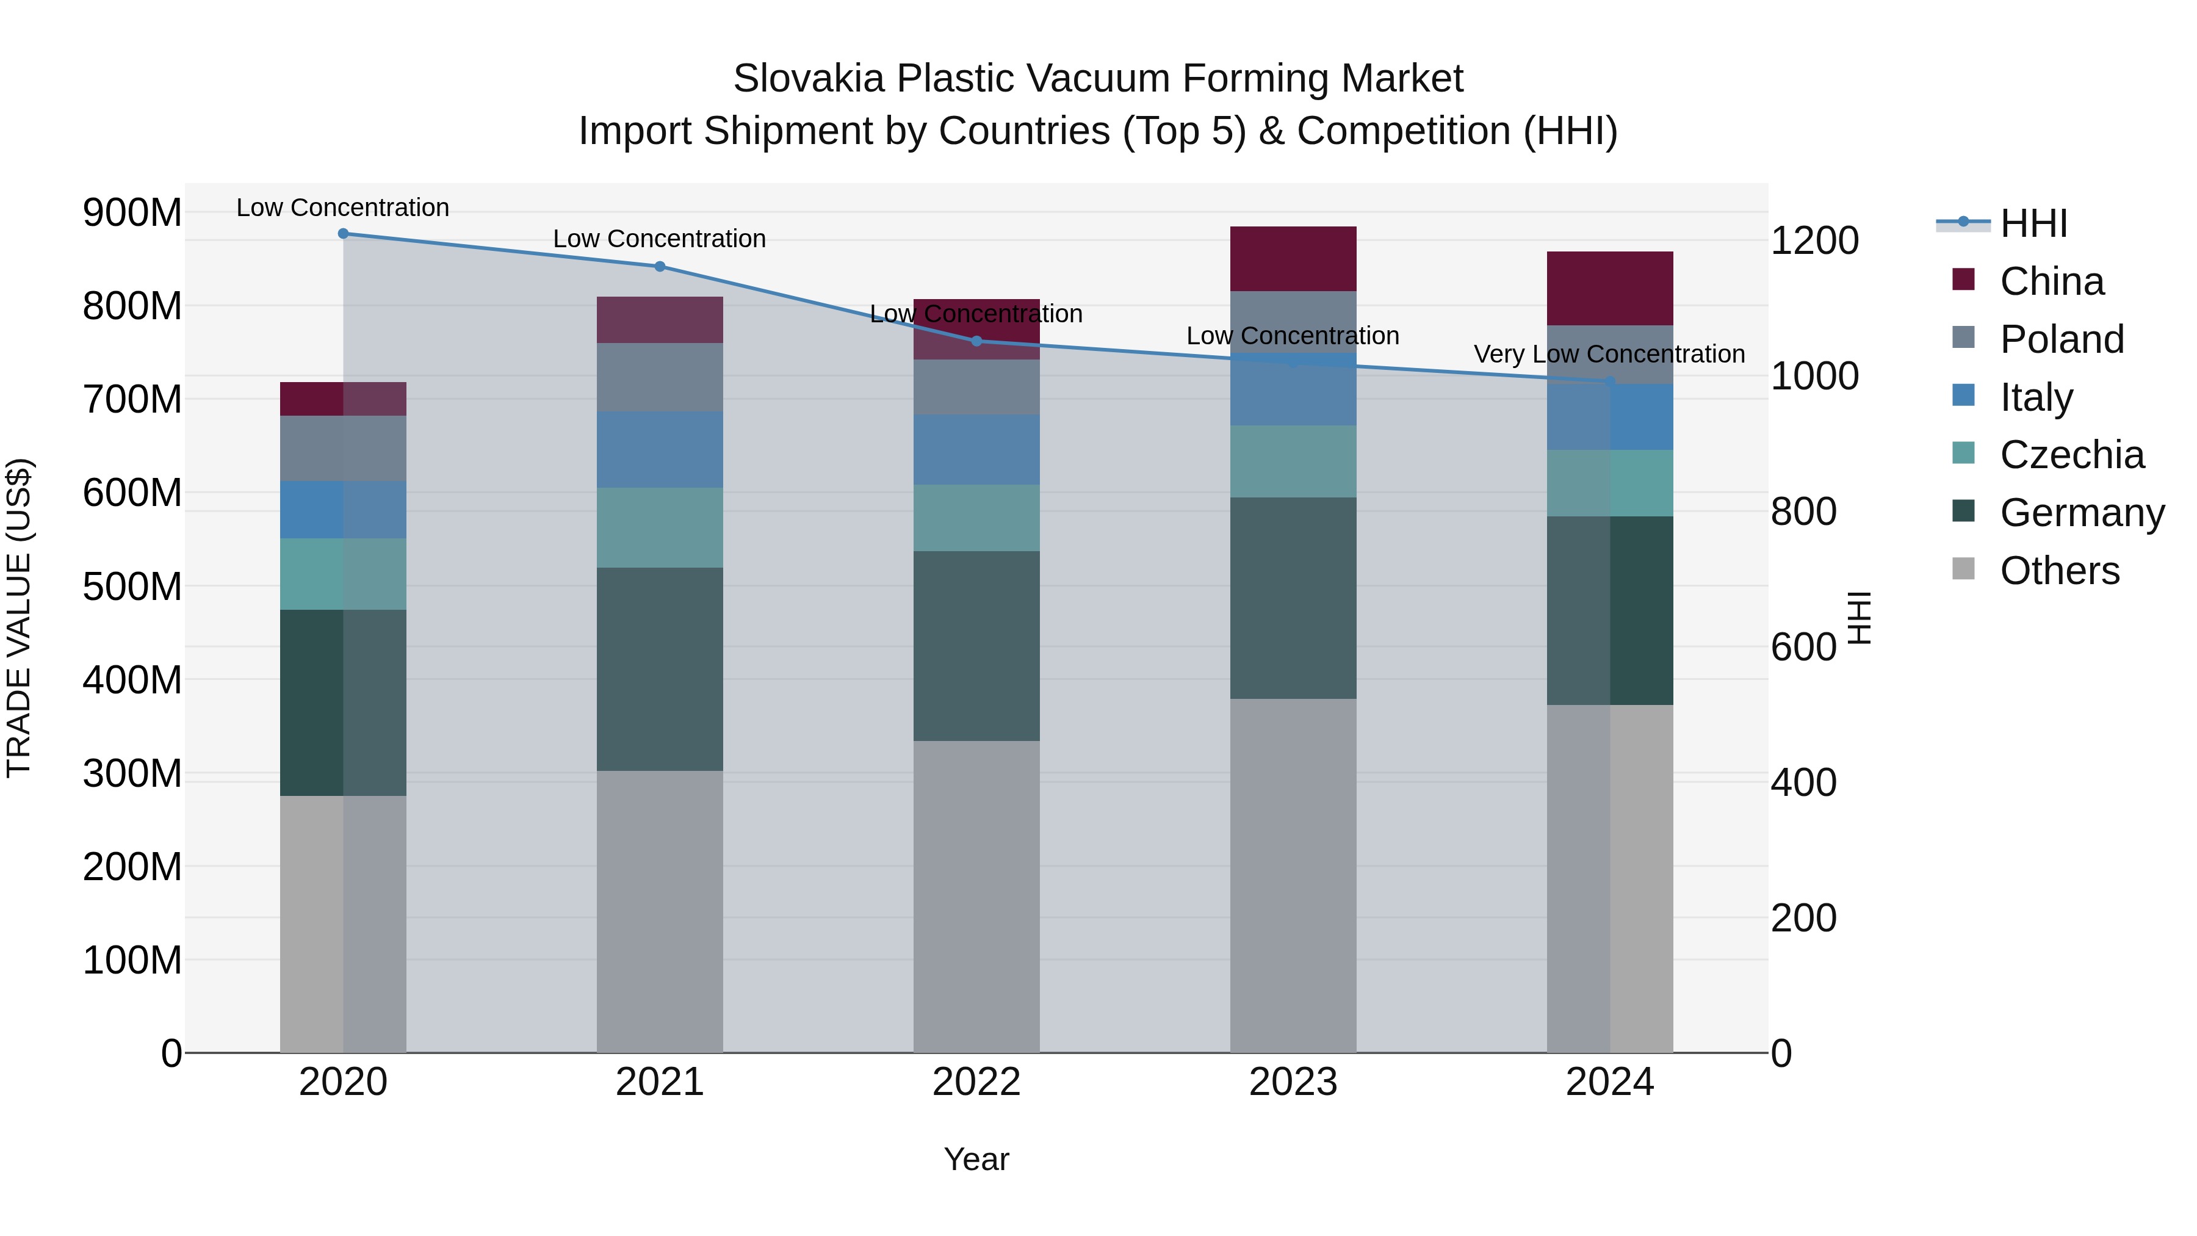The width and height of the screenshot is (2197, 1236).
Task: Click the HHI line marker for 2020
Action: (x=343, y=234)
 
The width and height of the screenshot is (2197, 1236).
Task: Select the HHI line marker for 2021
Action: (x=659, y=266)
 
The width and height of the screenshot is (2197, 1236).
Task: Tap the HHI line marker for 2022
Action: (x=976, y=341)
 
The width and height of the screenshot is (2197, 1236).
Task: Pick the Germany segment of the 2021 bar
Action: (x=659, y=670)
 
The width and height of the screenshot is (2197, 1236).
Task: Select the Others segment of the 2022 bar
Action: (x=976, y=895)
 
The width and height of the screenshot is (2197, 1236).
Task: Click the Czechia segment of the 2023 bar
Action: (x=1293, y=461)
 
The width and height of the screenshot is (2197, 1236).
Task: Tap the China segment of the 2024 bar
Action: (x=1609, y=288)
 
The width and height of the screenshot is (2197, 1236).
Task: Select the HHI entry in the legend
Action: (x=2033, y=223)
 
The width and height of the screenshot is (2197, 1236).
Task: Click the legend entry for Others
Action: (x=2059, y=571)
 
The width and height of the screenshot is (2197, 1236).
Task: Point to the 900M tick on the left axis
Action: (x=132, y=212)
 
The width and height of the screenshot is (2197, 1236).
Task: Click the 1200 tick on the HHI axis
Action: (x=1814, y=240)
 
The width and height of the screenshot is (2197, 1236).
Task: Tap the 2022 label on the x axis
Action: (x=976, y=1082)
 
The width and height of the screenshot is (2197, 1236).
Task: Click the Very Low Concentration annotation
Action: (x=1609, y=354)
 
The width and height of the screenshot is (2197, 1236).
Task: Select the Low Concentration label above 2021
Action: (x=659, y=239)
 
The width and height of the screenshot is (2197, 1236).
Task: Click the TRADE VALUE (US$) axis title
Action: (x=19, y=618)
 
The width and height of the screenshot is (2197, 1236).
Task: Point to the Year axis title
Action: (x=976, y=1159)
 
